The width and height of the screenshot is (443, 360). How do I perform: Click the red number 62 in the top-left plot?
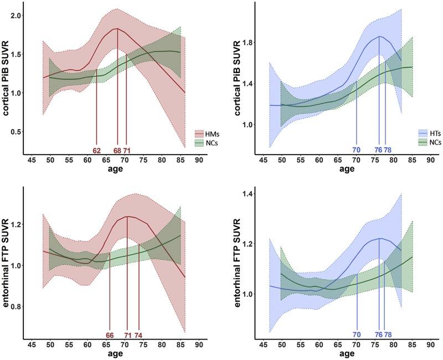point(96,150)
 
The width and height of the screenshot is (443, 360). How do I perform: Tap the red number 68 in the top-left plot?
point(117,150)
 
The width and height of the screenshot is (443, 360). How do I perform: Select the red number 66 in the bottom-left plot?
point(110,335)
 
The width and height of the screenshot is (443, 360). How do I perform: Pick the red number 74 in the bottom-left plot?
point(139,335)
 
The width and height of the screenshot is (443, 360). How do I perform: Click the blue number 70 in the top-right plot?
point(356,150)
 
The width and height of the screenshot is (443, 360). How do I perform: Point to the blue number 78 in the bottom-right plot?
point(388,335)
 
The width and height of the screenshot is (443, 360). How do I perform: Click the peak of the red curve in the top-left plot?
point(117,28)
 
